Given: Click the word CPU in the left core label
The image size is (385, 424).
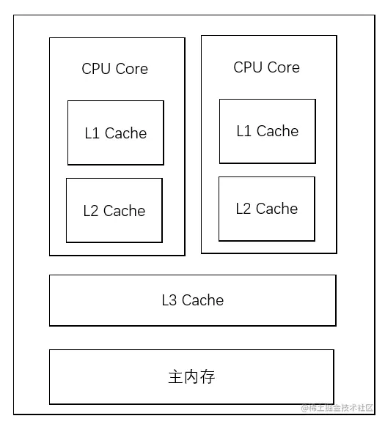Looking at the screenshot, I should (x=95, y=69).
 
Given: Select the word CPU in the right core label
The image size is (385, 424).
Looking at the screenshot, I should (x=247, y=67).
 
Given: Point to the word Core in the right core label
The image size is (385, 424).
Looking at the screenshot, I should (x=282, y=67).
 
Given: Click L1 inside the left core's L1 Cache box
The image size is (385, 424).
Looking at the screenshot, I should (x=92, y=133).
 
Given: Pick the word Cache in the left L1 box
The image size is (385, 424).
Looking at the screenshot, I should (x=125, y=133).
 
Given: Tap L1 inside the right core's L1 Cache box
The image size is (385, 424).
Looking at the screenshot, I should (x=243, y=131).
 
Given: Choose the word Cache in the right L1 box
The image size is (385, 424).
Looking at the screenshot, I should (x=277, y=131).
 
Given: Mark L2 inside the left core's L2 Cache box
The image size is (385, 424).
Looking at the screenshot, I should (x=91, y=211).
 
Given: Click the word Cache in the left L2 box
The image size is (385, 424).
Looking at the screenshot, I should (x=124, y=211).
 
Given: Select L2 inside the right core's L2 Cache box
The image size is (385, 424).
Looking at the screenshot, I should (x=243, y=209).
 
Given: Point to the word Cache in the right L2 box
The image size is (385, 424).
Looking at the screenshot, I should (x=276, y=209).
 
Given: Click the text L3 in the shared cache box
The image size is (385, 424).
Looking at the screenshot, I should (x=169, y=300).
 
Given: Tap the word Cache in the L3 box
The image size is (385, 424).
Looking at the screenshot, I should (x=202, y=300).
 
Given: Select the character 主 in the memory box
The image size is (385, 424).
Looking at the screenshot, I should (x=175, y=377).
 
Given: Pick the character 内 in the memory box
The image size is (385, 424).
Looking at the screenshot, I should (x=191, y=377).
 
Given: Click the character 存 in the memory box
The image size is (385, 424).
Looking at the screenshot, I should (x=208, y=377).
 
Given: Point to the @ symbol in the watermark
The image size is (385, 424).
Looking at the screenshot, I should (x=304, y=408).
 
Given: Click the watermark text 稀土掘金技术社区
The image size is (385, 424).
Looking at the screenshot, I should (x=341, y=408).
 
